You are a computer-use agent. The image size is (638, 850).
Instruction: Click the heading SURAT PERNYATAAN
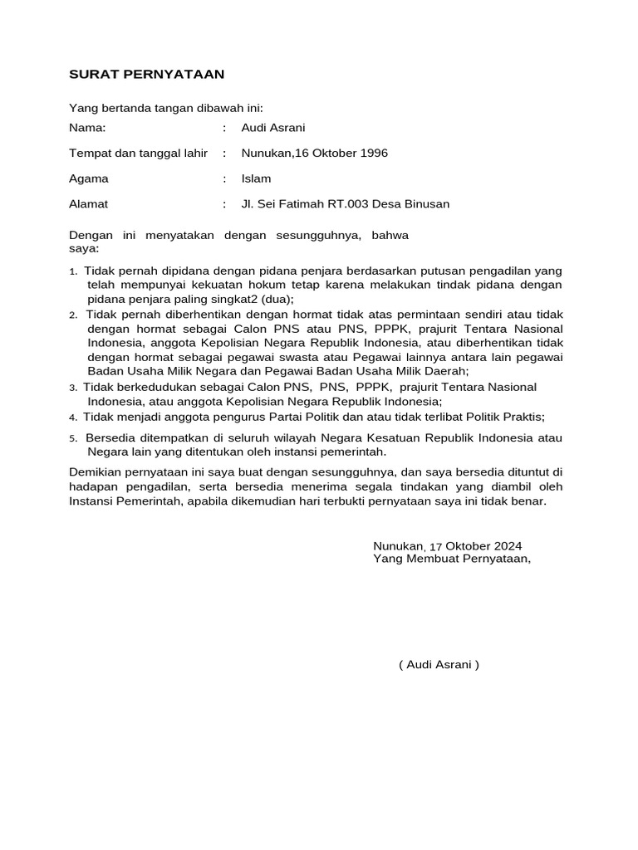(146, 75)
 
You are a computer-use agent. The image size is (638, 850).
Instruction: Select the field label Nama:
(87, 128)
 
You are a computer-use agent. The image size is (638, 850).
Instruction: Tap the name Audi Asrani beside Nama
(273, 128)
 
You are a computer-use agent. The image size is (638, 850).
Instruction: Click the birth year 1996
(372, 154)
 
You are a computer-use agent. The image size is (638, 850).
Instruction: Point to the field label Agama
(88, 178)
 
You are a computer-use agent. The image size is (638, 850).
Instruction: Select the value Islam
(256, 178)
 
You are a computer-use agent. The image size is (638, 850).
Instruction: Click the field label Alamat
(88, 204)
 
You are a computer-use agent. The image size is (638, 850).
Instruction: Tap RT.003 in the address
(341, 204)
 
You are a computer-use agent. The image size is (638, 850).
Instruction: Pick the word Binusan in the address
(426, 204)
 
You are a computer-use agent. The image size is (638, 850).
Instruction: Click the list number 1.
(73, 271)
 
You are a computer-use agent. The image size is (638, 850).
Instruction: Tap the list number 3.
(73, 388)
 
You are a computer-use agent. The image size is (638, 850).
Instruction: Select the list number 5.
(73, 439)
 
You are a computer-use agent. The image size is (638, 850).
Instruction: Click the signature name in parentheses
(439, 665)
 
